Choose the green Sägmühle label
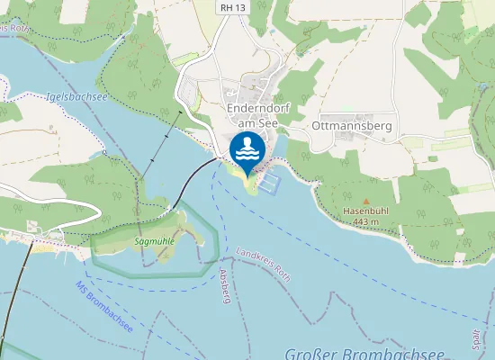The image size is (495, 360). pos(153,242)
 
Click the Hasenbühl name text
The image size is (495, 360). pos(365,211)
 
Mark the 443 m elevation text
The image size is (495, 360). pos(365,221)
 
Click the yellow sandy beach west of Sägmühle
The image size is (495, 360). pos(40,243)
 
